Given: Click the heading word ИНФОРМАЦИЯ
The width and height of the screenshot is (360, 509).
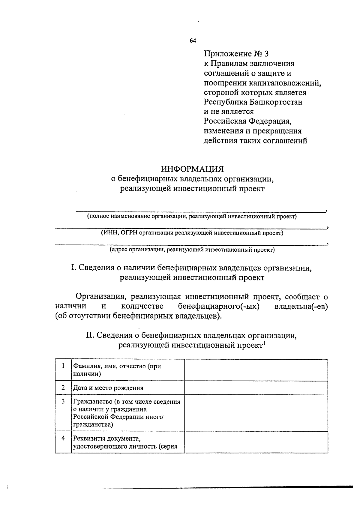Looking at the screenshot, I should tap(192, 169).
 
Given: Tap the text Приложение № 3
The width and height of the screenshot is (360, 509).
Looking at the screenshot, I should tap(236, 54).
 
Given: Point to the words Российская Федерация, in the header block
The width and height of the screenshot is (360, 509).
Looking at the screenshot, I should tap(248, 121).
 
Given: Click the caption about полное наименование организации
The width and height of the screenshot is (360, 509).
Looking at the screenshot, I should tap(192, 217).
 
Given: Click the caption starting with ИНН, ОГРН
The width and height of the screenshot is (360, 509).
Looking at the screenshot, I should tap(192, 233).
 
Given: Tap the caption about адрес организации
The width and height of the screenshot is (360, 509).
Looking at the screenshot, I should tap(192, 249).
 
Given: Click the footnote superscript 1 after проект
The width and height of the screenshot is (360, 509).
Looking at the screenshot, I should tap(264, 343).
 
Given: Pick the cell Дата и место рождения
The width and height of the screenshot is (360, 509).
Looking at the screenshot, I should tap(108, 388).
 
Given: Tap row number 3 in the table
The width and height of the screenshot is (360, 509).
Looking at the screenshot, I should tap(63, 401).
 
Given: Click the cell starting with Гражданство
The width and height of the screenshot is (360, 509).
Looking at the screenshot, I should tap(127, 413).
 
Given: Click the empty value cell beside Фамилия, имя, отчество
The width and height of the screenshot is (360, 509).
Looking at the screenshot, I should tap(256, 370).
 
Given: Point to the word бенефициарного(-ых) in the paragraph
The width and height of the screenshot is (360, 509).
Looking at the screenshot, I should tap(219, 306).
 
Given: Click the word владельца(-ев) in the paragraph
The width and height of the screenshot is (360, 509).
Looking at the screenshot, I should tap(301, 306).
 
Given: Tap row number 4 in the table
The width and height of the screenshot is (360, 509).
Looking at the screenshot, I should tap(63, 438).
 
